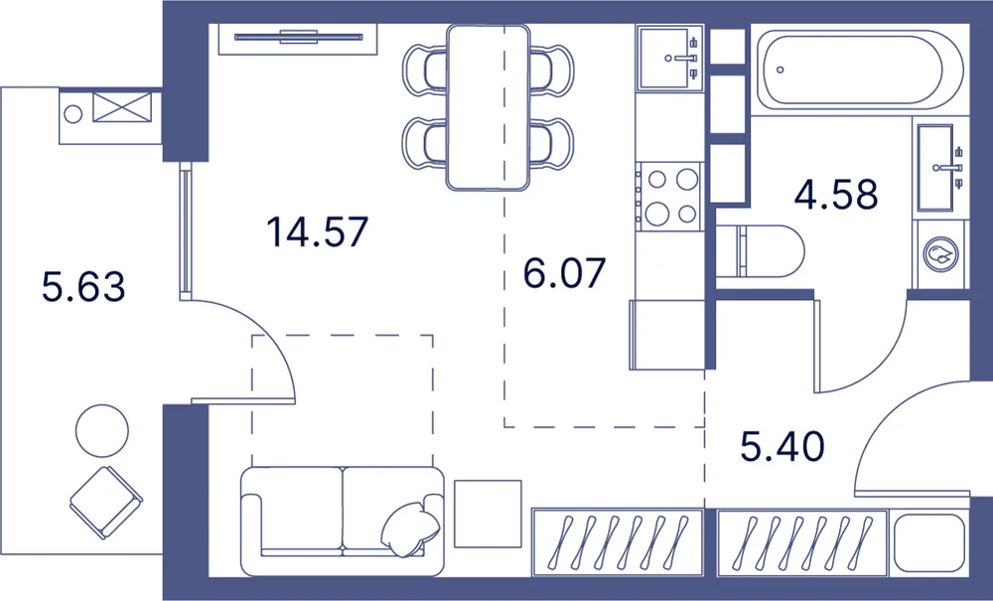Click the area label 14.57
(x=318, y=231)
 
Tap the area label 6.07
(x=564, y=273)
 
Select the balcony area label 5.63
(x=83, y=286)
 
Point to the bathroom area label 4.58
(x=836, y=195)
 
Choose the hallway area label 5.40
(x=782, y=446)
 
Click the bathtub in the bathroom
(x=860, y=71)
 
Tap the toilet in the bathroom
(x=760, y=251)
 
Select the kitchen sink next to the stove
(x=670, y=58)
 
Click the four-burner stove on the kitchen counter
(x=670, y=197)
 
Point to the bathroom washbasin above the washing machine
(x=938, y=168)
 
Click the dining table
(x=488, y=107)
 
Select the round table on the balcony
(x=102, y=431)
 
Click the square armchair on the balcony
(x=106, y=503)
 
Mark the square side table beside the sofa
(x=488, y=514)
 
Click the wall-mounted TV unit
(x=298, y=38)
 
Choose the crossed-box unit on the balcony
(x=122, y=107)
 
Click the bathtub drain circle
(x=780, y=70)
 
